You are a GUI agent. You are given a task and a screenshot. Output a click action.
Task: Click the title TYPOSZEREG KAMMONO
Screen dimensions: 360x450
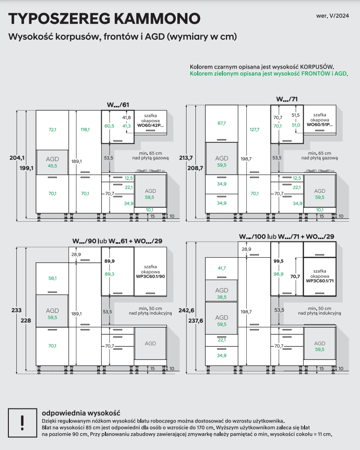coord(104,19)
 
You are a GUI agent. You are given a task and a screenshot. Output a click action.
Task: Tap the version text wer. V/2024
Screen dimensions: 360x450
coord(332,15)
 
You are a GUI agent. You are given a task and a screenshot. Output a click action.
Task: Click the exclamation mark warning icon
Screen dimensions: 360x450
coord(21,422)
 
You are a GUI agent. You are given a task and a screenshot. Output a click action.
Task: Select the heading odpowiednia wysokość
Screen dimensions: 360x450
coord(81,413)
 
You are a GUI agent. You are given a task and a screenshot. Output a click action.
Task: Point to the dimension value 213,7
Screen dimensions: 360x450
coord(186,158)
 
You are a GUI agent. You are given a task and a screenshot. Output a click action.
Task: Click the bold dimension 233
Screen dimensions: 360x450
coord(17,309)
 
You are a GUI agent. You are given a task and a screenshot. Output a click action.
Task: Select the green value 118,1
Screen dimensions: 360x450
coord(85,130)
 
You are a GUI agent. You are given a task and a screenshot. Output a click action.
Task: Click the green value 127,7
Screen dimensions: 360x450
coord(255,130)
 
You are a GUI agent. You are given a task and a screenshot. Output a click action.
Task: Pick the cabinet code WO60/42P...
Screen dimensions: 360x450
coord(150,126)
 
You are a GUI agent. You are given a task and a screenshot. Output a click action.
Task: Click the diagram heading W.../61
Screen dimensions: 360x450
coord(118,105)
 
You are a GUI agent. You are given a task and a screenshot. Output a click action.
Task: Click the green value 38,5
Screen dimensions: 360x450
coord(222,297)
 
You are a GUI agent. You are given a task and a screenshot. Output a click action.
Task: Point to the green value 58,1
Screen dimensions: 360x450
coord(52,278)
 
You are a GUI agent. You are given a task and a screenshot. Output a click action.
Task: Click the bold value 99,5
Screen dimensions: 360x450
coord(278,261)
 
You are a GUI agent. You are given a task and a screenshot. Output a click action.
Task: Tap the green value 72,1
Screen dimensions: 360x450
coord(52,130)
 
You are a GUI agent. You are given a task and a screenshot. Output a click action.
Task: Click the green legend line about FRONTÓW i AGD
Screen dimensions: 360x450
coord(269,74)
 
